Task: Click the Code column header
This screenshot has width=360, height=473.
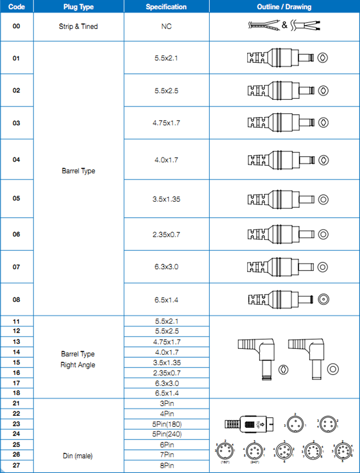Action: [16, 7]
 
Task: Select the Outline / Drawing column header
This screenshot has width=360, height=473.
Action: [284, 7]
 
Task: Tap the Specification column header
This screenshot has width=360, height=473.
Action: [166, 7]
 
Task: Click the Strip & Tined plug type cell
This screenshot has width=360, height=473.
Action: [78, 26]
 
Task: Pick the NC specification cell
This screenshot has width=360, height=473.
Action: [166, 26]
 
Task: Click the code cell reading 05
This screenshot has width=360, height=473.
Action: [16, 198]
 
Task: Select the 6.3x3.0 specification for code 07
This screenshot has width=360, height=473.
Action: [166, 267]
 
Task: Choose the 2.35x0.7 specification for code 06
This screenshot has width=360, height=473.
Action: [166, 234]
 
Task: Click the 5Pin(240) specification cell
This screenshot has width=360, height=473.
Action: [166, 434]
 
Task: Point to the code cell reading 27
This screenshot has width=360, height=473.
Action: [16, 465]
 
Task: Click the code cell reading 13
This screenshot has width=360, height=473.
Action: [16, 342]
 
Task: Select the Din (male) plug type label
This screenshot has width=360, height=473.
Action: [78, 455]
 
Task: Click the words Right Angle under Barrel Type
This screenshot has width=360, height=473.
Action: [78, 365]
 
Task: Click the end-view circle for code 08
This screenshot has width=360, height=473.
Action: [324, 300]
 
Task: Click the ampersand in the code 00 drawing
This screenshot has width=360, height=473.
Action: [285, 25]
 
